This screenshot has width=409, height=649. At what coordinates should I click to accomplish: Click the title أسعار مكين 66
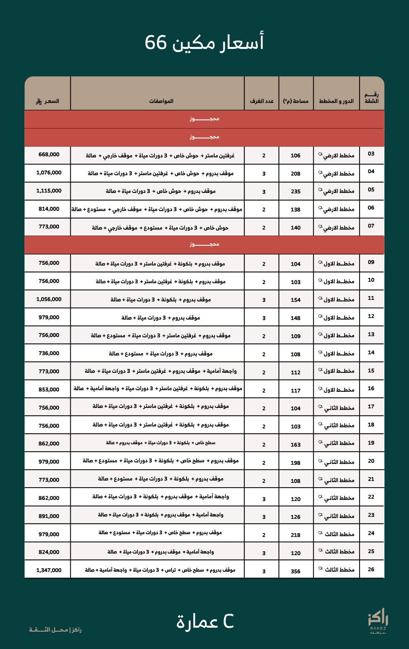[204, 43]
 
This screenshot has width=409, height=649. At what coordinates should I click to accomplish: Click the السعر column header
[47, 101]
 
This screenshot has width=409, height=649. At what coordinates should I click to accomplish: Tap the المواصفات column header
[161, 101]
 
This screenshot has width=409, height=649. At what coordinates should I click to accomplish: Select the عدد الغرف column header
[262, 101]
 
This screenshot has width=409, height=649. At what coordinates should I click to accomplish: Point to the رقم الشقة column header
[371, 98]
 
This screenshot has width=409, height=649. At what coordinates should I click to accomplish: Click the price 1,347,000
[49, 570]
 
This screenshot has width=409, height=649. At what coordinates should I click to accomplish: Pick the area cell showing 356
[296, 571]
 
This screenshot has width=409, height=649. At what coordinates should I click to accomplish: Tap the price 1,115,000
[49, 191]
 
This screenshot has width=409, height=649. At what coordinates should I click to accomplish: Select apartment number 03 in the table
[371, 154]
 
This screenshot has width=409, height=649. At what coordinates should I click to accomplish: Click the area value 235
[296, 192]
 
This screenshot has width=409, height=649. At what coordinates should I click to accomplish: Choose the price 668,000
[49, 155]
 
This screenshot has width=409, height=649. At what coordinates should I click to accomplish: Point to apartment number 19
[371, 443]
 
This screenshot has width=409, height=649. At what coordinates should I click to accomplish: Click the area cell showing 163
[296, 445]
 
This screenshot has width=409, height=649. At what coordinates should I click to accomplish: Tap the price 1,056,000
[49, 299]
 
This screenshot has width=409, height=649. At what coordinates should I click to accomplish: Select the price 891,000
[49, 516]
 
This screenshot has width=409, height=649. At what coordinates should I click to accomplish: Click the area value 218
[296, 535]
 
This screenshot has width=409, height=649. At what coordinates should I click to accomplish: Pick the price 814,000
[49, 209]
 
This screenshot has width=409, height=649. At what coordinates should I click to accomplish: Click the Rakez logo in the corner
[378, 621]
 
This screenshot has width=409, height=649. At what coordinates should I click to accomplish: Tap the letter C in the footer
[228, 621]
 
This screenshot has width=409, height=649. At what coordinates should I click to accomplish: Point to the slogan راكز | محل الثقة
[55, 630]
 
